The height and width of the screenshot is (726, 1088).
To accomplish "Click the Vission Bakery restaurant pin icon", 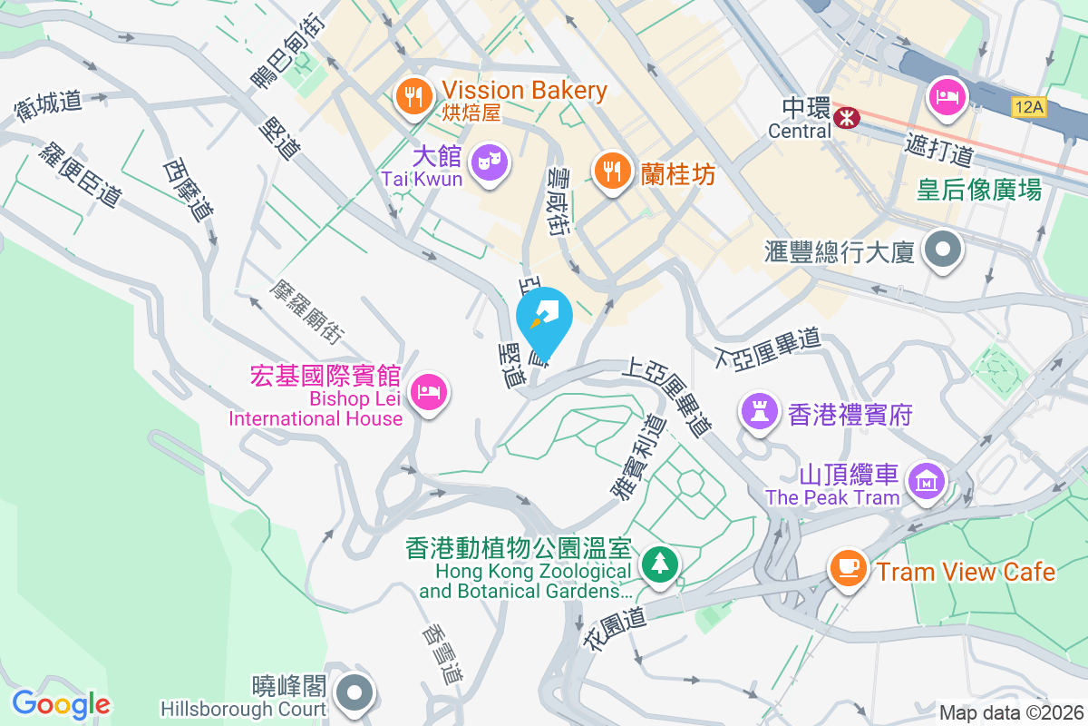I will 414,95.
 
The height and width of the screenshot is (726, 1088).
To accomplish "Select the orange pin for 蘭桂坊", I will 613,170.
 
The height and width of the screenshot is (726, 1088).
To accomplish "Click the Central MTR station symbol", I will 848,117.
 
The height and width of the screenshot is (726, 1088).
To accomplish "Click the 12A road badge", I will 1029,108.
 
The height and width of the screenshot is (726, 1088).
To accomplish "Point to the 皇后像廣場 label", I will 978,190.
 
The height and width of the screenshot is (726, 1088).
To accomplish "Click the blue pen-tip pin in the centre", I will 544,319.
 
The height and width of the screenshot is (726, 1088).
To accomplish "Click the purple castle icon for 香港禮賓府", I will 759,412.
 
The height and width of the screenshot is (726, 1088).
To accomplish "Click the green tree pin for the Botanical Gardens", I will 657,564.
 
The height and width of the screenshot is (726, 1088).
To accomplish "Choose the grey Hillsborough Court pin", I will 355,693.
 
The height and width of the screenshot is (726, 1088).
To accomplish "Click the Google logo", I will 61,704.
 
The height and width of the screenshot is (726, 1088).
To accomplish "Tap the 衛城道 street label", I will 49,105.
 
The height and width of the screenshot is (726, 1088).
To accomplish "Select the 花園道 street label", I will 607,629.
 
